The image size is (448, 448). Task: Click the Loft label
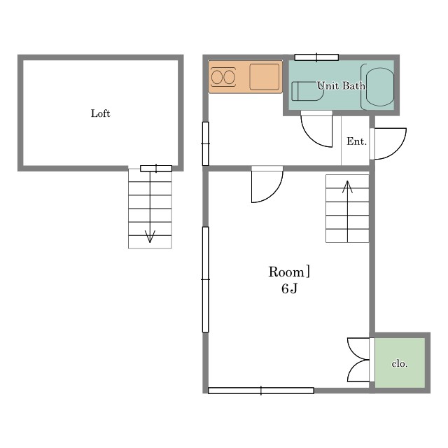tap(101, 113)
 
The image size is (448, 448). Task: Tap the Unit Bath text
tap(341, 85)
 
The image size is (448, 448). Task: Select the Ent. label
tap(356, 141)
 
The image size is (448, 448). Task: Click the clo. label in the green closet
tap(400, 363)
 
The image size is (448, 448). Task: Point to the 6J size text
tap(289, 289)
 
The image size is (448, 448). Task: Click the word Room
tap(286, 272)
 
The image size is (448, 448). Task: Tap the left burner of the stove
tap(217, 77)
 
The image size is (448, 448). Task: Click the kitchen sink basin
tap(265, 77)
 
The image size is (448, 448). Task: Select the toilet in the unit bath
tap(307, 91)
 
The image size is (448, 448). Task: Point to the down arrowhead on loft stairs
tap(150, 237)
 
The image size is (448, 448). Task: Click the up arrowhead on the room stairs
tap(347, 187)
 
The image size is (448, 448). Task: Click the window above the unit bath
tap(316, 57)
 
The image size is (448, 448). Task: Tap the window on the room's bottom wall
tap(261, 391)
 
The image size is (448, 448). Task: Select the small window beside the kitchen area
tap(205, 143)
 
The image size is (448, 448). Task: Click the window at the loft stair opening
tap(156, 169)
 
